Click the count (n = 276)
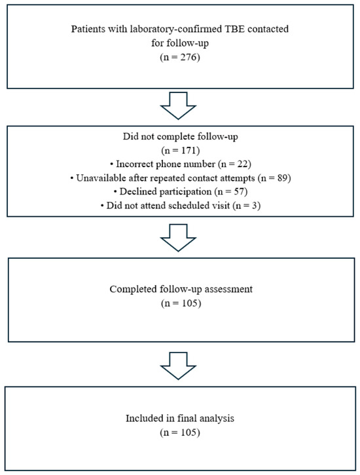point(180,57)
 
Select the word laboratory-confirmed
point(176,29)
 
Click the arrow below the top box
point(178,105)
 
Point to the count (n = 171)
point(180,150)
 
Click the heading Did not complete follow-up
point(180,137)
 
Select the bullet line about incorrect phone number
point(180,164)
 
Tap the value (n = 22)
point(234,164)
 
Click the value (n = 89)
point(274,178)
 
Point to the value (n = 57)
point(231,192)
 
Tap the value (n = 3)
point(247,206)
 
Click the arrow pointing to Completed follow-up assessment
point(178,238)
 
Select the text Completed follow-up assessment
point(181,290)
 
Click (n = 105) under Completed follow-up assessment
point(181,303)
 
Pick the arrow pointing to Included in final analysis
point(178,366)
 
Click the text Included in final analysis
point(180,419)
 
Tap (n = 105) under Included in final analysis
point(180,432)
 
